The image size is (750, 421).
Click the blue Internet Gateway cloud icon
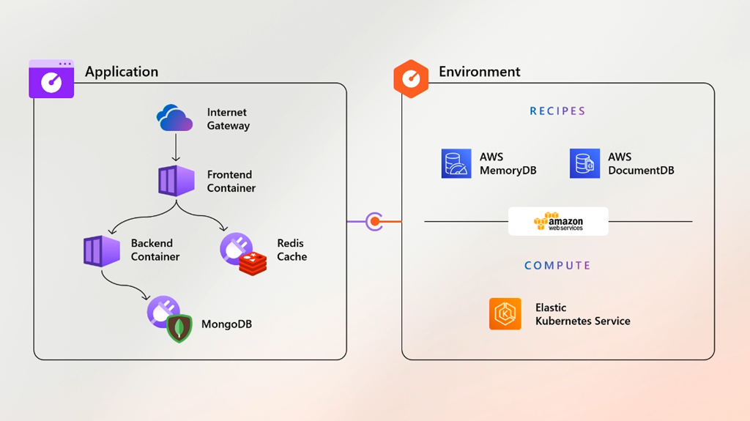(x=174, y=119)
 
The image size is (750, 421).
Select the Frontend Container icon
(x=177, y=181)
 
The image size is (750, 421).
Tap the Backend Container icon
(x=101, y=250)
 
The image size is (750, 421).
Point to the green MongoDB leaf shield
(x=179, y=329)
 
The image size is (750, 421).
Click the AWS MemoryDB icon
(x=456, y=163)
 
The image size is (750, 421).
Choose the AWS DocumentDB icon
(x=584, y=163)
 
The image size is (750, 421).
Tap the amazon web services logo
(x=558, y=221)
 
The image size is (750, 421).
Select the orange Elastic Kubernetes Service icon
(x=505, y=314)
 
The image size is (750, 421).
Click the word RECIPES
(x=557, y=111)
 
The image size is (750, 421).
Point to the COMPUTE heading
(x=557, y=266)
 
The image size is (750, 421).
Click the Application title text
(x=122, y=72)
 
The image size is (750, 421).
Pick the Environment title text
(x=479, y=72)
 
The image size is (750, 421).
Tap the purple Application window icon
(x=51, y=79)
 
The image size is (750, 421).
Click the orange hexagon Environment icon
(x=411, y=78)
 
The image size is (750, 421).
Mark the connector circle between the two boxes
(x=374, y=221)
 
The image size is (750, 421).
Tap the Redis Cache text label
(x=292, y=250)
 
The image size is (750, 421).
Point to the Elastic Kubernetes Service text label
(x=582, y=314)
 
